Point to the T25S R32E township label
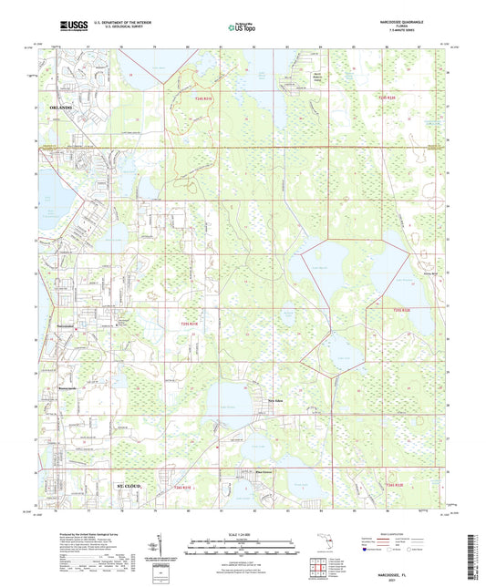pos(387,309)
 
